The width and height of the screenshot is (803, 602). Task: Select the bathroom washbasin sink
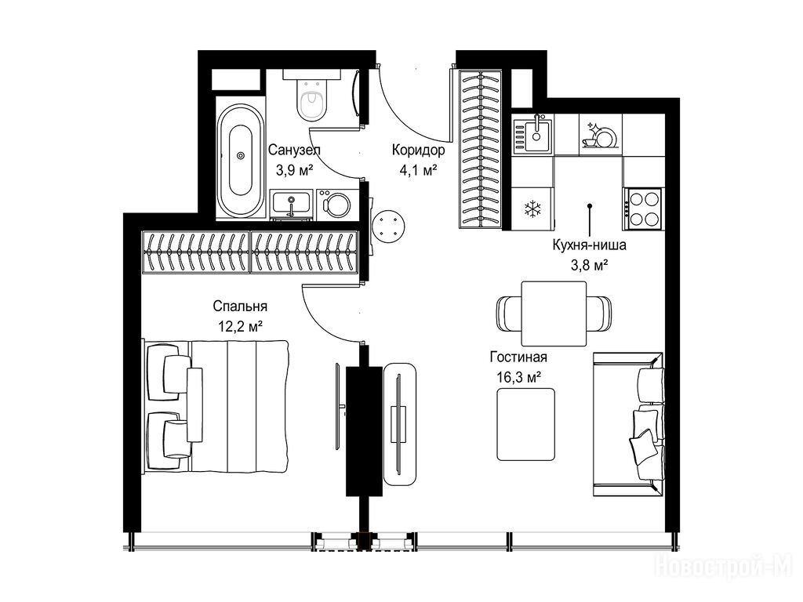click(x=292, y=204)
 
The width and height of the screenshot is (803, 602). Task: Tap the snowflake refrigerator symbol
click(x=532, y=209)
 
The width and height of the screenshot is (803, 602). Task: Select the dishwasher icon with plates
click(x=600, y=135)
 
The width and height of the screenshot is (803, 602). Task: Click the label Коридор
click(x=419, y=150)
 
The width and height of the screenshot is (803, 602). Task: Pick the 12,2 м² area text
click(x=241, y=326)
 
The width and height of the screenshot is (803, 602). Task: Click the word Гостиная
click(x=518, y=357)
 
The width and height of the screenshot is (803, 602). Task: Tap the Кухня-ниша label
click(x=589, y=245)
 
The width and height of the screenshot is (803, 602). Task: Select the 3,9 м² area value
click(x=295, y=170)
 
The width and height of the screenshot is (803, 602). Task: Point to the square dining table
click(x=554, y=314)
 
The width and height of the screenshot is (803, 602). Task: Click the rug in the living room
click(x=526, y=424)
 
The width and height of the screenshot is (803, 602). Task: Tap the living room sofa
click(x=628, y=424)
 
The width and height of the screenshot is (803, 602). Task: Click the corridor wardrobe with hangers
click(x=481, y=148)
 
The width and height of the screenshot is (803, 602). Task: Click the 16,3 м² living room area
click(x=519, y=377)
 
